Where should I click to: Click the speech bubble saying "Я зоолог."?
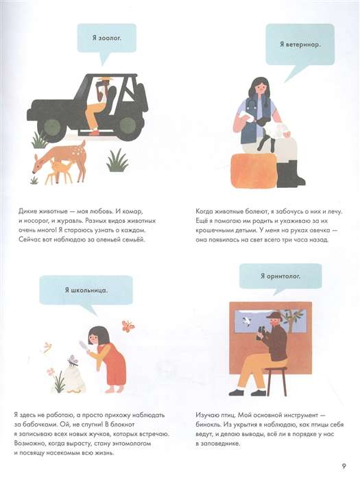[x=106, y=38]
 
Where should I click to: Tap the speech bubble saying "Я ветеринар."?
[x=300, y=45]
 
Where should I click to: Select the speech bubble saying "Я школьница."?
[x=86, y=290]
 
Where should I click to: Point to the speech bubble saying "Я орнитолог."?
[x=280, y=276]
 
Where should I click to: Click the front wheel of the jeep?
[x=51, y=125]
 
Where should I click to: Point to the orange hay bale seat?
[x=254, y=170]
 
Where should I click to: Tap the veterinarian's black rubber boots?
[x=290, y=173]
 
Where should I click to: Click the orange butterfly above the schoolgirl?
[x=128, y=326]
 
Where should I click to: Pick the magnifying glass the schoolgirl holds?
[x=84, y=346]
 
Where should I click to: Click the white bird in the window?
[x=247, y=322]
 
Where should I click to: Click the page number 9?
[x=344, y=466]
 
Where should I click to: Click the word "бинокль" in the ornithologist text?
[x=208, y=424]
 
